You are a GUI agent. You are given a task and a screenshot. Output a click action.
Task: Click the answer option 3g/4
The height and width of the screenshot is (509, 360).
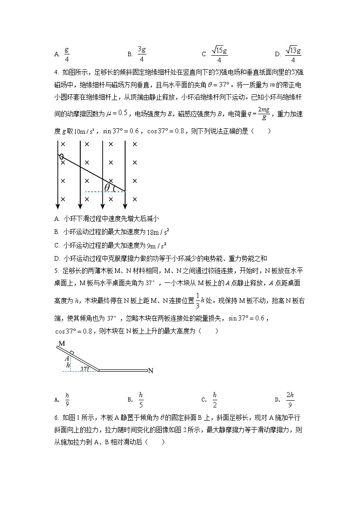click(141, 54)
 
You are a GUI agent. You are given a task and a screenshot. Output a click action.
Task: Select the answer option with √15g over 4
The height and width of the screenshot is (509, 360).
click(219, 54)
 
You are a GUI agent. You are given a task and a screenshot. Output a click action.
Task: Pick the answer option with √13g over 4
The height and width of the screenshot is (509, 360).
click(293, 54)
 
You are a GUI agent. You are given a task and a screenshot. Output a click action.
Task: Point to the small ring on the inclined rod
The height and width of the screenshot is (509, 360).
click(61, 157)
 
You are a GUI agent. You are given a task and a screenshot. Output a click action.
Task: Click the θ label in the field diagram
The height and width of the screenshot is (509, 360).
click(107, 187)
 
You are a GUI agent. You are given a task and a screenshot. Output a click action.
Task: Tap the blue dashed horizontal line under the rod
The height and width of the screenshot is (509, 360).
click(104, 192)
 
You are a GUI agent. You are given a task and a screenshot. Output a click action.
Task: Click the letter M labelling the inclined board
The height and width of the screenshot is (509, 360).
click(61, 344)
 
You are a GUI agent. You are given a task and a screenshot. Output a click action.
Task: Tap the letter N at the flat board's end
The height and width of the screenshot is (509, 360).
click(151, 371)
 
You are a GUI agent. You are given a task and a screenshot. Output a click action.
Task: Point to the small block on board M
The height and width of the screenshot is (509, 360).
click(72, 352)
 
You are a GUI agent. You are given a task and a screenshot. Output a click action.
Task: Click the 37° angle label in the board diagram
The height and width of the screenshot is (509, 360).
click(84, 368)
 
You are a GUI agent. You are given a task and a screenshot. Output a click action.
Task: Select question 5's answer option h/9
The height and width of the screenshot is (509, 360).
click(67, 399)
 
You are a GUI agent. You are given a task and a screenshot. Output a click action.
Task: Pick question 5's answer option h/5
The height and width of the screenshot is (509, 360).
click(141, 399)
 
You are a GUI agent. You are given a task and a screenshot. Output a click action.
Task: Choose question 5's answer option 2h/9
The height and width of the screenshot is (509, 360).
click(290, 399)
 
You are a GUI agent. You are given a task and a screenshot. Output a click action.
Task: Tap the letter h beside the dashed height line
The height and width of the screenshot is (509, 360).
click(68, 364)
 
